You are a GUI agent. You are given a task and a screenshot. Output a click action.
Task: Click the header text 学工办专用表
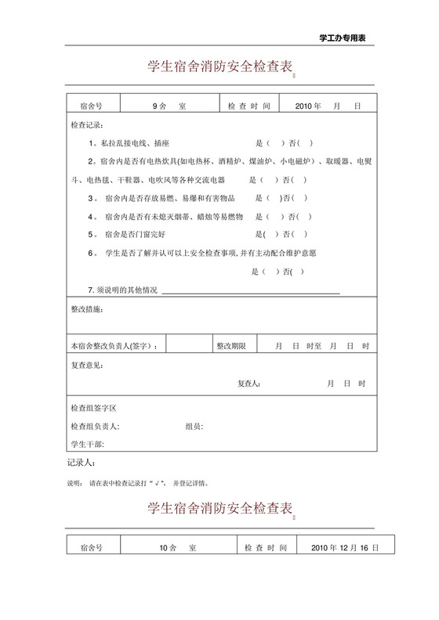click(x=349, y=38)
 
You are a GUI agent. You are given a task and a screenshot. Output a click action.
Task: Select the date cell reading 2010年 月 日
click(x=327, y=104)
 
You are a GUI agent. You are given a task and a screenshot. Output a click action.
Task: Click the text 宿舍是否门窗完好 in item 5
click(x=145, y=234)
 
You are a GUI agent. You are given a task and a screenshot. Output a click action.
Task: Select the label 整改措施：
click(x=86, y=310)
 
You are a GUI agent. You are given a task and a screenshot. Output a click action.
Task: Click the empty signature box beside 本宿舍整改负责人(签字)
click(x=186, y=345)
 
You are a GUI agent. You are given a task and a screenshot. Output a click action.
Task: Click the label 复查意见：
click(x=86, y=365)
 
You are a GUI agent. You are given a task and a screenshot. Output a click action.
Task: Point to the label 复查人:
click(x=249, y=384)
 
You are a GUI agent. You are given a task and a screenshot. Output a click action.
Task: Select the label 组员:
click(x=194, y=427)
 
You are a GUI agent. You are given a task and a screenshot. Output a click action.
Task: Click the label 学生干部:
click(x=88, y=445)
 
